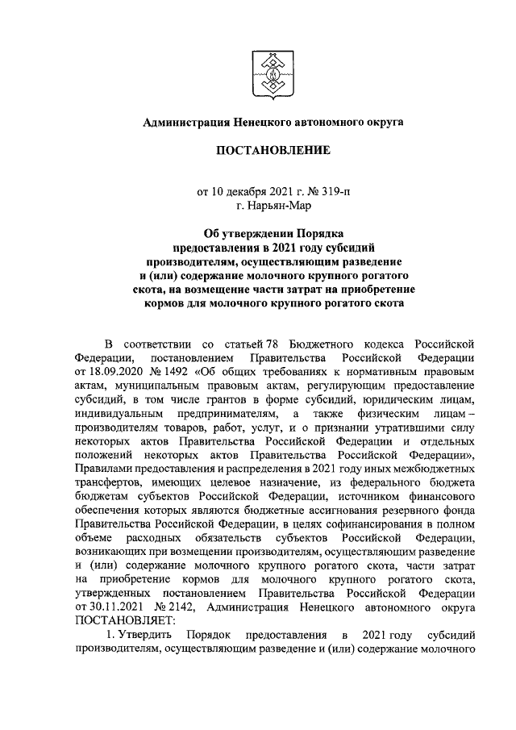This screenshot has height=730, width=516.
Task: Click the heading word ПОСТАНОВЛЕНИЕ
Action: [273, 150]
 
